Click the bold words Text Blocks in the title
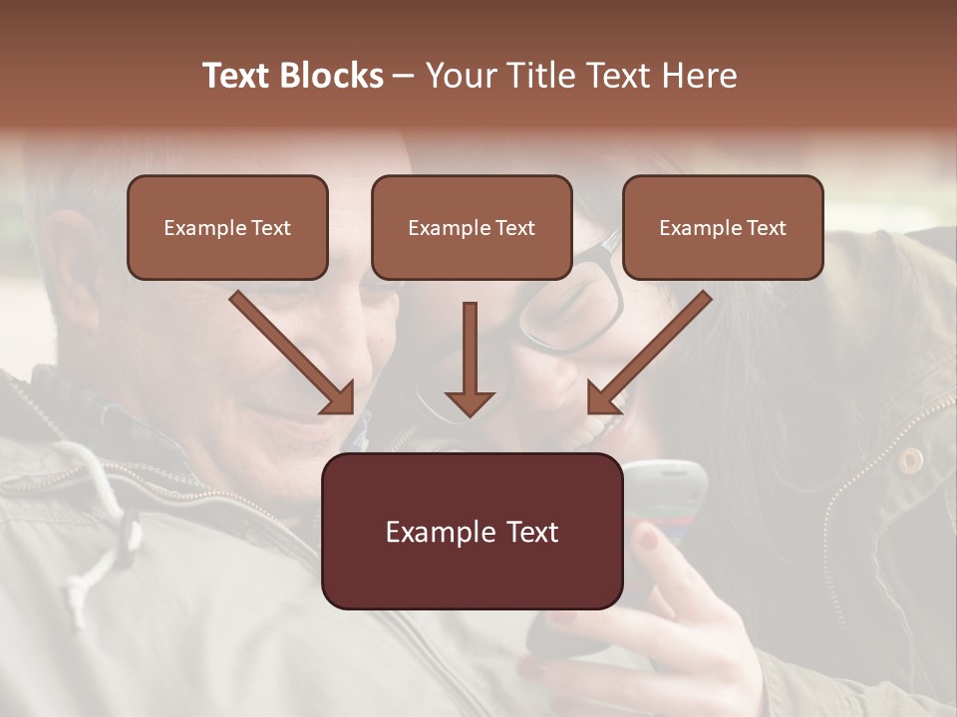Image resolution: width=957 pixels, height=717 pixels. pos(293,76)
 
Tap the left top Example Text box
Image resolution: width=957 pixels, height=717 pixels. pos(227,228)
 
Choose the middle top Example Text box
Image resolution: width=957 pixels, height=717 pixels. pos(472,228)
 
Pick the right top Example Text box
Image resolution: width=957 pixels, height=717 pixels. pos(723,228)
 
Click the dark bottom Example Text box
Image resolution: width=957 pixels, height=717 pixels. pos(472,532)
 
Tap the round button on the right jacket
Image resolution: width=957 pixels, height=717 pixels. pos(909,459)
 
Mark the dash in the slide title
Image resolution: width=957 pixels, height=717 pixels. pos(404,77)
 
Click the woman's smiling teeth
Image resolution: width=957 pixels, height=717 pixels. pos(597,429)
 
